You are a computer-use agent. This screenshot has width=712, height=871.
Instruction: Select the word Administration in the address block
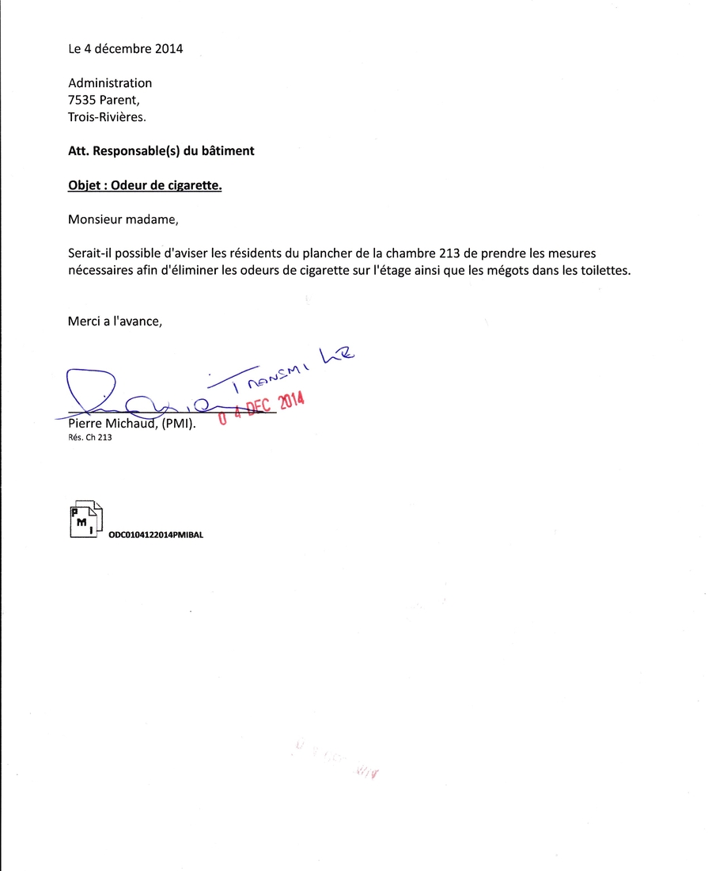click(x=110, y=83)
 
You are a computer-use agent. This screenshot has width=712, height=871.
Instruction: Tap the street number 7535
click(x=82, y=100)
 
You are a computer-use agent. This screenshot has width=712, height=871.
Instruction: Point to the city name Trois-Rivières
click(x=107, y=116)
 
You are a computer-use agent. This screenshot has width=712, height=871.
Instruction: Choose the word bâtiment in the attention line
click(x=229, y=150)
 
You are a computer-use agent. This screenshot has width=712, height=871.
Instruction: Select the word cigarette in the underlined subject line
click(x=190, y=187)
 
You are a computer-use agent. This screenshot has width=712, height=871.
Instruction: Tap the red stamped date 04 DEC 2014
click(x=261, y=406)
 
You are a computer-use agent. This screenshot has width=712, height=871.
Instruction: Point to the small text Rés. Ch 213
click(x=89, y=436)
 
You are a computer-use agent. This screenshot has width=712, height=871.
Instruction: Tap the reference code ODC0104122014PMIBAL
click(x=156, y=535)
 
